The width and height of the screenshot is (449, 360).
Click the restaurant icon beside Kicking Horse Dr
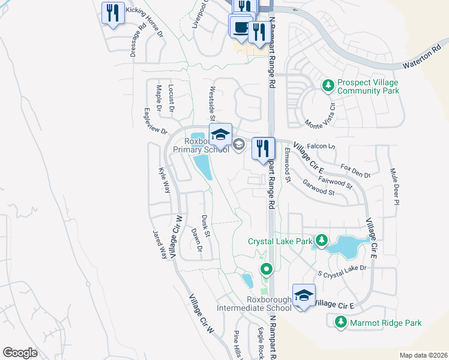113,13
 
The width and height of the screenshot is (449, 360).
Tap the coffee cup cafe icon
240,28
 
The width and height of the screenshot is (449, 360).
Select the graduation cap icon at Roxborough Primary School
220,134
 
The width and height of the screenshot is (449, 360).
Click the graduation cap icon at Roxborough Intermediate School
304,295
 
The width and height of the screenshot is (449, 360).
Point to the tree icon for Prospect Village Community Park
328,86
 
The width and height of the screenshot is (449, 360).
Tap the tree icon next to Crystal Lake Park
321,241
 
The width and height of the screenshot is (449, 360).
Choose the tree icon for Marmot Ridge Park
340,323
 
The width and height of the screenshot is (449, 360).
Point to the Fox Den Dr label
355,170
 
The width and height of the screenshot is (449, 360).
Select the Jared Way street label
160,245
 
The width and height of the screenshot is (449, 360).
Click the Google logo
20,353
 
